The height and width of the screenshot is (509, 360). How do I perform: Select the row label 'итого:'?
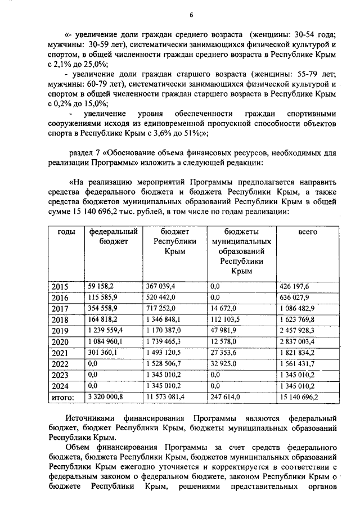coord(63,398)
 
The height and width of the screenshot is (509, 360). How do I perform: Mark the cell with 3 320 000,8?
coord(106,397)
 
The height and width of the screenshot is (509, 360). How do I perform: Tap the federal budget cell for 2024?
coord(93,386)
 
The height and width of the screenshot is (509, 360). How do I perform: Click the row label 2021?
coord(60,353)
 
